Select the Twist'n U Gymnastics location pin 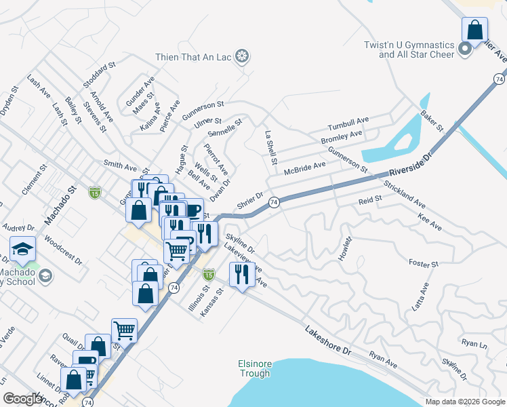coord(464,49)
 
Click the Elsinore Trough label coord(255,368)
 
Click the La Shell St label coord(271,149)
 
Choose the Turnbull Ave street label coord(348,124)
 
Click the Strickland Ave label coord(404,194)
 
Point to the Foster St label coord(424,263)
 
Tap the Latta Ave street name coord(421,297)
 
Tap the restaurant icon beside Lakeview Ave coord(242,275)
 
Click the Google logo coord(23,399)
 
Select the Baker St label coord(431,121)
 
